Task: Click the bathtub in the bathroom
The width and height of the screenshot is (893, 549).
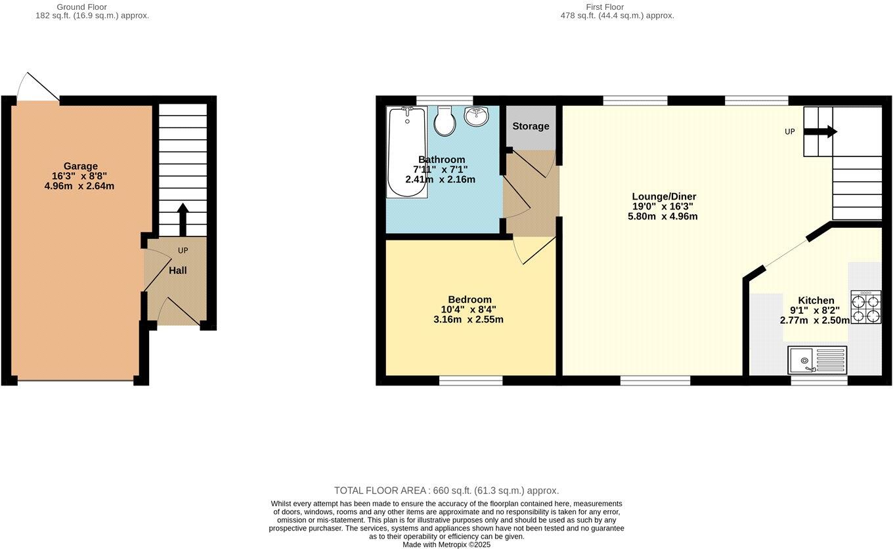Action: [x=406, y=152]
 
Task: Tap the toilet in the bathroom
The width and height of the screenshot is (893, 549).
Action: [x=445, y=121]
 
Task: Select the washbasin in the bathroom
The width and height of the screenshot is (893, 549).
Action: [x=476, y=116]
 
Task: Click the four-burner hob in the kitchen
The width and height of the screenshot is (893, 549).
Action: [x=865, y=307]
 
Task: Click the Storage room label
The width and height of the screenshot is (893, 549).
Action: [x=531, y=126]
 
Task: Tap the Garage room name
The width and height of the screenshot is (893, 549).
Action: [x=80, y=166]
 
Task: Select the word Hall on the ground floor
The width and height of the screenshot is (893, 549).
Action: [x=178, y=270]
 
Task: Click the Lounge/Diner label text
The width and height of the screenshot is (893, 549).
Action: [x=664, y=196]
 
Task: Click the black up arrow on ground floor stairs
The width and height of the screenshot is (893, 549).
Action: [x=183, y=219]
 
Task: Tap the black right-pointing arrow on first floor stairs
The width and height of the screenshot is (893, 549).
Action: [x=821, y=131]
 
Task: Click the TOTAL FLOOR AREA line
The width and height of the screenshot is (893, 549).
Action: [x=446, y=491]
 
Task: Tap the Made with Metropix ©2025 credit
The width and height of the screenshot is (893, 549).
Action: [x=446, y=544]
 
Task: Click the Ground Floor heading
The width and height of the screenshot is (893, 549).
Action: [x=82, y=7]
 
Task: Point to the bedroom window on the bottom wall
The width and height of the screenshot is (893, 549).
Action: [x=471, y=380]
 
